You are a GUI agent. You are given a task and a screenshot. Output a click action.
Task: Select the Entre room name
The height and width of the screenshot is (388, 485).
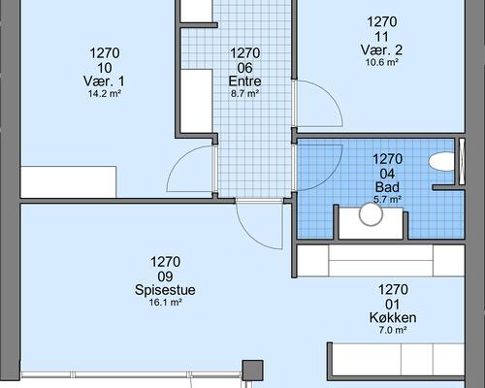click(244, 81)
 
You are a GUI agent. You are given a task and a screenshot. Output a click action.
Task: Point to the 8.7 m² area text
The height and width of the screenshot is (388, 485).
click(244, 94)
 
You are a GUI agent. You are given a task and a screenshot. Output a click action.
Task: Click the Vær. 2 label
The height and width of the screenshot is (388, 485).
click(381, 50)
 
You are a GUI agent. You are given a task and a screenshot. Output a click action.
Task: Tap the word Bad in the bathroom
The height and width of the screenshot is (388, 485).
click(387, 187)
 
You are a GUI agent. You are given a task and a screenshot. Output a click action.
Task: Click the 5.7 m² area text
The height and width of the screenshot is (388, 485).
click(387, 200)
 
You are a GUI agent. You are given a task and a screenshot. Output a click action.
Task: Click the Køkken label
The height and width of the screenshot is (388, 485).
click(393, 318)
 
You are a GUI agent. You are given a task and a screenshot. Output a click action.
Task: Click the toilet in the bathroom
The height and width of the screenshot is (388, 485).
click(444, 163)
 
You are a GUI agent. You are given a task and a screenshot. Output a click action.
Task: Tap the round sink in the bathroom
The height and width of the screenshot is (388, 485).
click(372, 214)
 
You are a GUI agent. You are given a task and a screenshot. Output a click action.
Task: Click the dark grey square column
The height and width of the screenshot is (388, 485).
click(252, 371)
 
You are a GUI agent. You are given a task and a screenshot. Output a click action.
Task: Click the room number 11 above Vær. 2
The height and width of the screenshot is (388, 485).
click(381, 36)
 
